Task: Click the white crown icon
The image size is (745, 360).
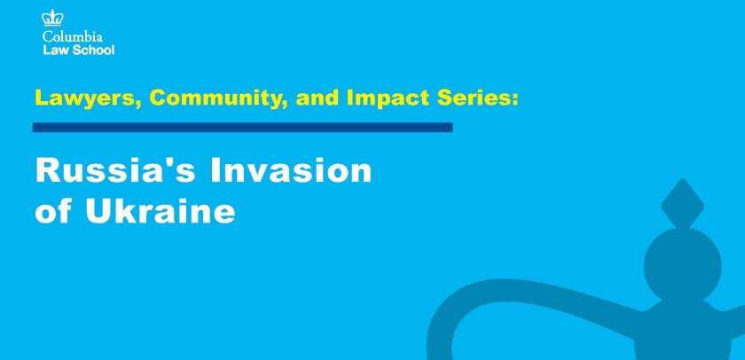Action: pos(52,19)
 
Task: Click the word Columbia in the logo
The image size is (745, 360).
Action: pos(72,36)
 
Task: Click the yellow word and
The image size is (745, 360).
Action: pos(317,98)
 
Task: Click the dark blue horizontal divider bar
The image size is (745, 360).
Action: pos(242,128)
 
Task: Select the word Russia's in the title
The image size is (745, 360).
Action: pos(115,170)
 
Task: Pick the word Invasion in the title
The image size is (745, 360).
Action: pos(291,170)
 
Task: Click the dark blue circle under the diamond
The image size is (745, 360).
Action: pos(682,266)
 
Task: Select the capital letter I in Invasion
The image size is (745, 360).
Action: pos(215,170)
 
